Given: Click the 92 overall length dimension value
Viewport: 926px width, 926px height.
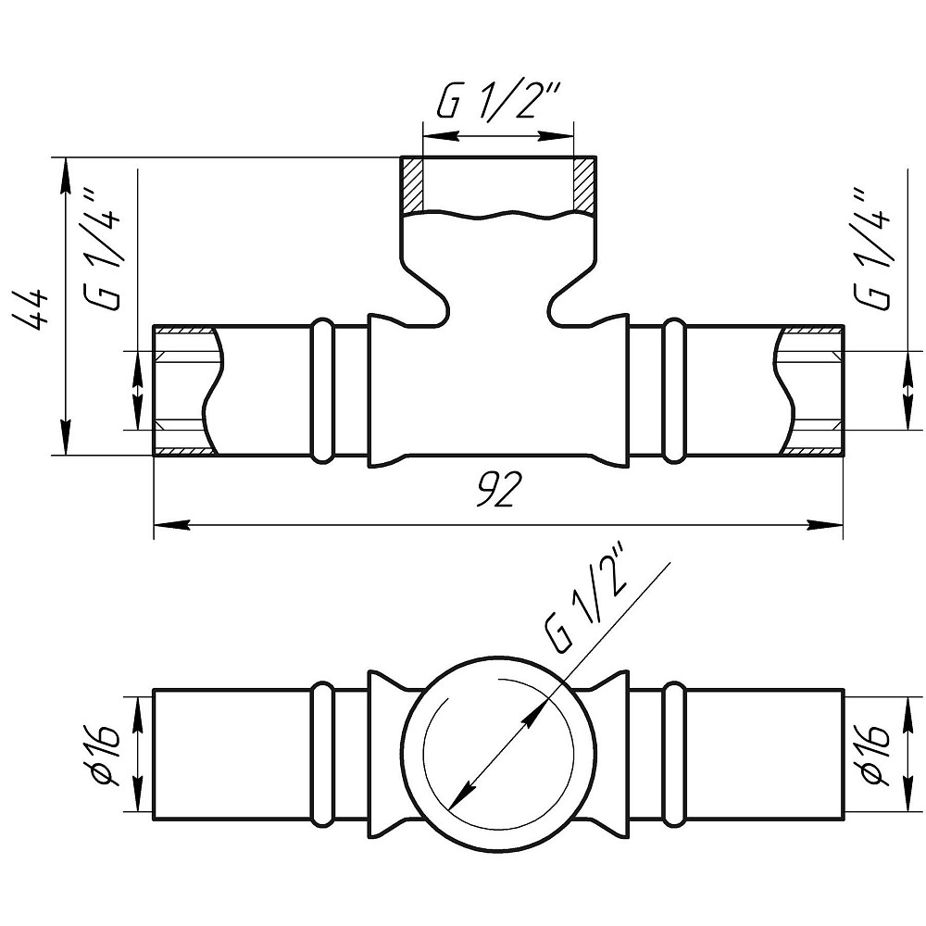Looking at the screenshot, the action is tap(498, 489).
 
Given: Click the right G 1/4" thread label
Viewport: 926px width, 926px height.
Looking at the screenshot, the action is tap(870, 247).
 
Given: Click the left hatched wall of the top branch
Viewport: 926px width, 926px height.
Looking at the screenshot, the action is tap(412, 185).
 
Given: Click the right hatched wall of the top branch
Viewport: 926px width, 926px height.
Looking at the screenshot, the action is tap(583, 184).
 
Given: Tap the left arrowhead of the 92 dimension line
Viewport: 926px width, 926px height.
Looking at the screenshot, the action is tap(171, 524).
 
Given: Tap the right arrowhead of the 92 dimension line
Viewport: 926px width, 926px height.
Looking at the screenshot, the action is tap(825, 524).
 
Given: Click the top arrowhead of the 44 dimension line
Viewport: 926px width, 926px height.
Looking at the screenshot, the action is tap(66, 175).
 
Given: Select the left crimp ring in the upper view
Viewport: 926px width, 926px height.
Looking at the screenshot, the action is tap(322, 390).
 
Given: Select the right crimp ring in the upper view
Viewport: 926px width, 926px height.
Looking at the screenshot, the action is tap(674, 390).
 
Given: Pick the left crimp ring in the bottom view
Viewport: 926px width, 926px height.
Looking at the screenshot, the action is tap(322, 754).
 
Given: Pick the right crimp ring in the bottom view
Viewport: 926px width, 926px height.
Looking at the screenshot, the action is tap(674, 754).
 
